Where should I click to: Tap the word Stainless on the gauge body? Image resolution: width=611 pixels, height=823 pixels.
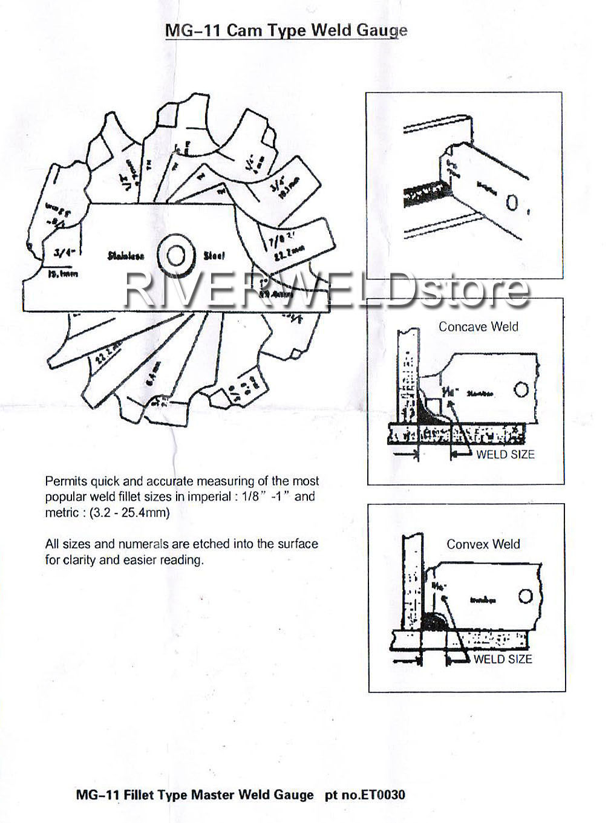[x=126, y=256]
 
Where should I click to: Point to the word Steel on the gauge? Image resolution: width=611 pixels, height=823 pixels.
[x=214, y=256]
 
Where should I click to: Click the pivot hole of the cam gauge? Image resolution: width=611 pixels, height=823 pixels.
[x=175, y=256]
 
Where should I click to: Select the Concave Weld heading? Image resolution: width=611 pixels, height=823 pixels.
[x=478, y=327]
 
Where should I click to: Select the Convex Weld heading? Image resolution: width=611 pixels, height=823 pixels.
[x=483, y=544]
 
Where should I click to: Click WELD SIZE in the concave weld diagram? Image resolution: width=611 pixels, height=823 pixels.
[x=505, y=454]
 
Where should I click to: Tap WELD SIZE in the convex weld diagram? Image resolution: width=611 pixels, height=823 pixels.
[x=502, y=659]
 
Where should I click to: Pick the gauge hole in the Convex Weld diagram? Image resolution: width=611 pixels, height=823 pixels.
[x=524, y=597]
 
